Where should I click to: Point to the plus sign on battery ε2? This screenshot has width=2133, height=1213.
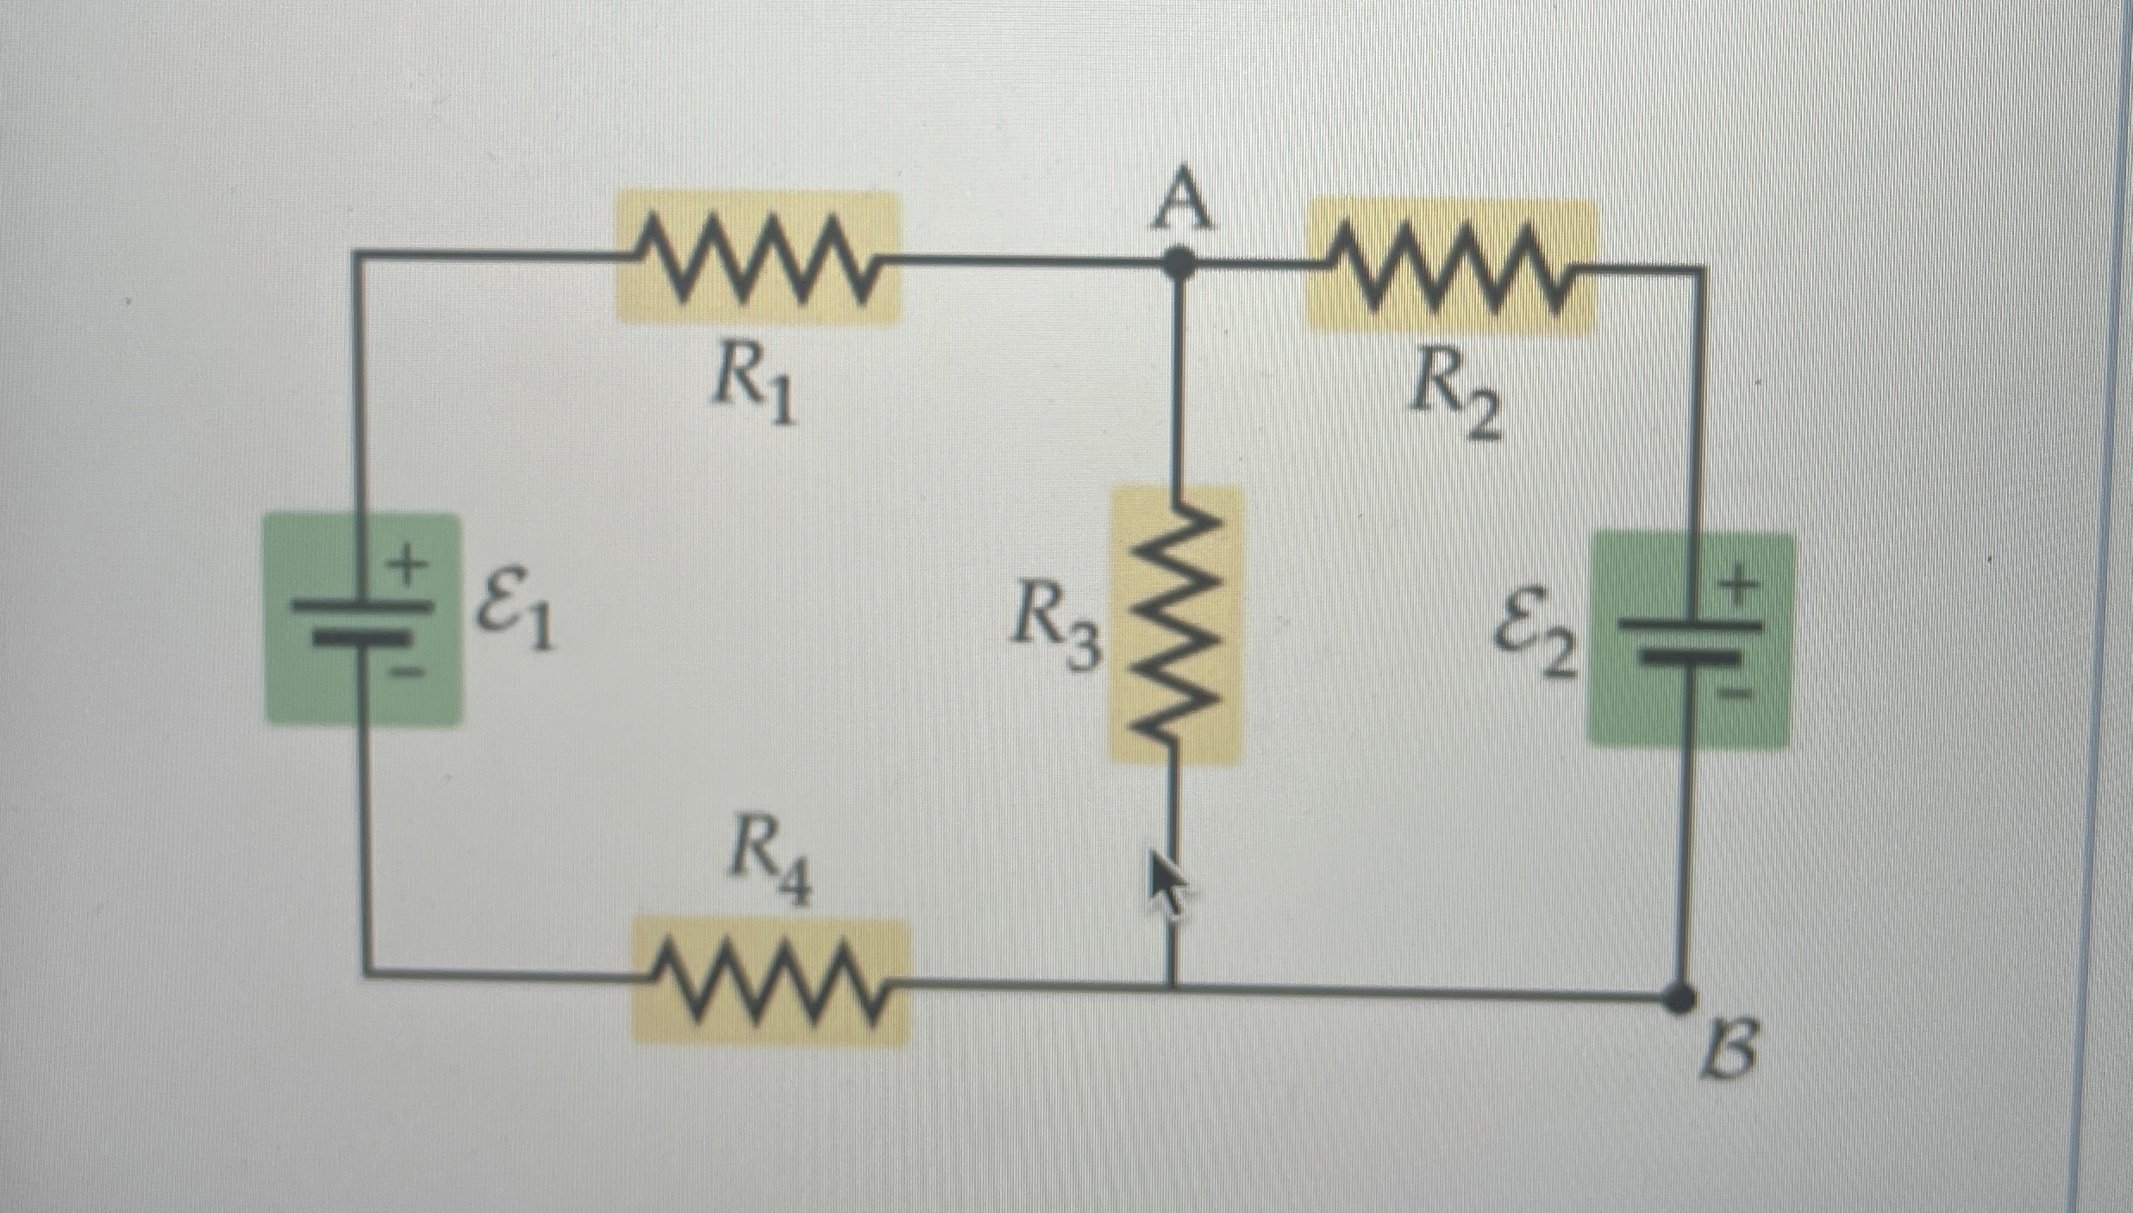[x=1740, y=589]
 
